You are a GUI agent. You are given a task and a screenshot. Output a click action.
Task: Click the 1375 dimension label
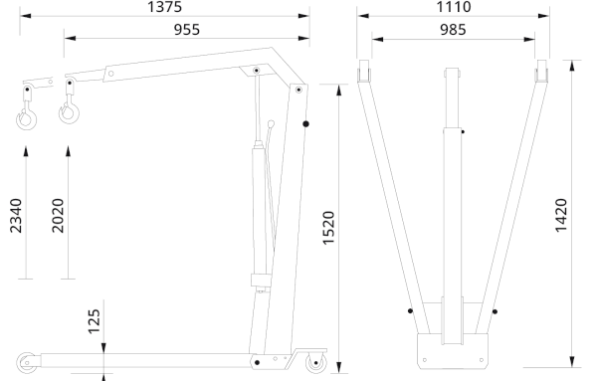[x=164, y=7]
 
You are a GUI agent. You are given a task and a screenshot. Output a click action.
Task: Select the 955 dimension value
[x=187, y=30]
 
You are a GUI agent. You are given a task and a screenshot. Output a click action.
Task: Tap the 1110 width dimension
[x=453, y=7]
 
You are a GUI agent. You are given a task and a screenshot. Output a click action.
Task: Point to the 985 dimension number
[x=453, y=30]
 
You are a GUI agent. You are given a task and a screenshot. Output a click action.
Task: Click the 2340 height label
[x=16, y=216]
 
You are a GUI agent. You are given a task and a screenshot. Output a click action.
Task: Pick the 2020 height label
[x=58, y=216]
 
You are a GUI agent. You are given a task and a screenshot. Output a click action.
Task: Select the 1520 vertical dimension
[x=328, y=228]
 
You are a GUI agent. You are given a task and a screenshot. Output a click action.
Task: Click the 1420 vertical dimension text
[x=561, y=215]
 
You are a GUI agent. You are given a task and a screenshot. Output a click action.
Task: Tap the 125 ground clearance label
[x=95, y=322]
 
